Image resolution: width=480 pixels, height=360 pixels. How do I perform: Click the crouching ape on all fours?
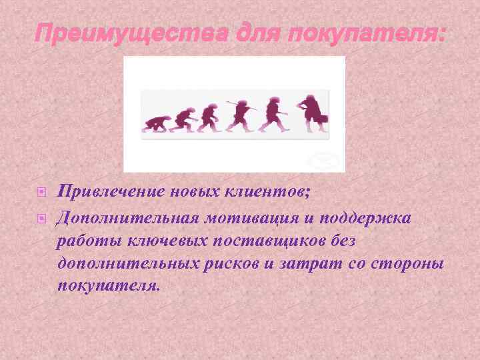(x=155, y=123)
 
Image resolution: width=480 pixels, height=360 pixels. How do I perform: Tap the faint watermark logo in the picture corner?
(x=325, y=160)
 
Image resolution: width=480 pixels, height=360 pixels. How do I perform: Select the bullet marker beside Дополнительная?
(x=41, y=217)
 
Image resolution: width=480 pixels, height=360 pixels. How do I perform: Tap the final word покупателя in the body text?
(x=109, y=286)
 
